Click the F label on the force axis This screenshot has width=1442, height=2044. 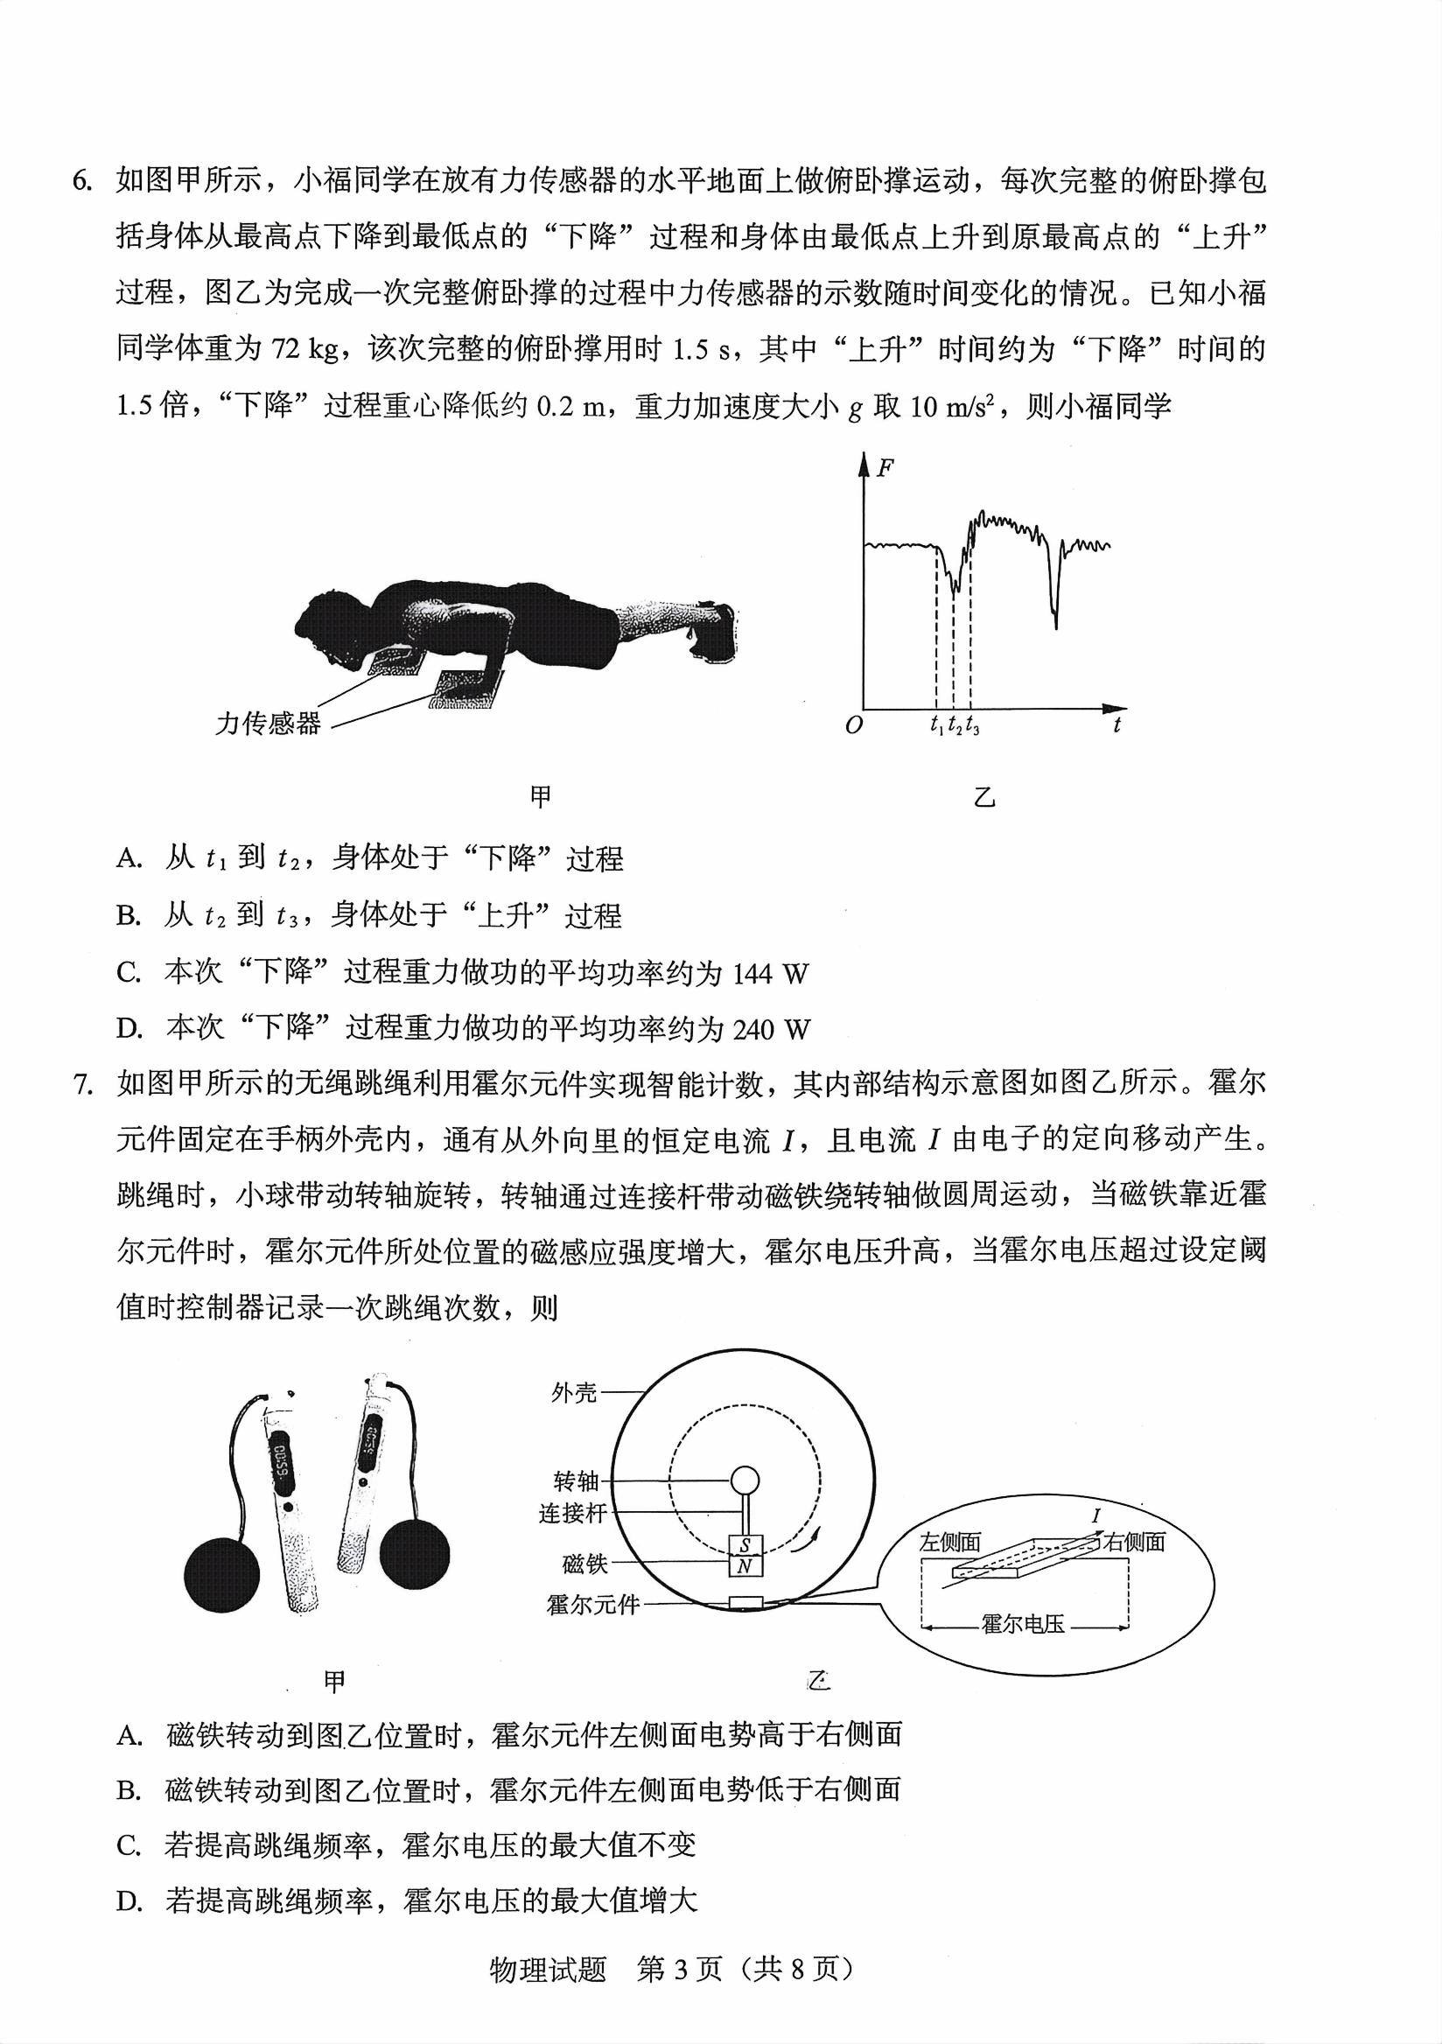(x=885, y=468)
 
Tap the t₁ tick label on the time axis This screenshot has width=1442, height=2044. (x=936, y=725)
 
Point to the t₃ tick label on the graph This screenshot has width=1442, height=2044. (x=972, y=725)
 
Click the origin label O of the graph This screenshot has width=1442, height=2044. (x=854, y=725)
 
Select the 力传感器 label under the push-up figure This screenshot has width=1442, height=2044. (x=268, y=724)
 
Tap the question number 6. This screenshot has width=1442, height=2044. (x=81, y=181)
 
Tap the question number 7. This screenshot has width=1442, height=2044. (x=81, y=1084)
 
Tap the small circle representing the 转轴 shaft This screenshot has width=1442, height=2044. (x=745, y=1481)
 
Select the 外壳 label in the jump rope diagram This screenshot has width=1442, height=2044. (x=574, y=1392)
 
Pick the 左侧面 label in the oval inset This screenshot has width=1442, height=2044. (x=949, y=1542)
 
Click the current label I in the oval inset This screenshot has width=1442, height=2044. (x=1095, y=1516)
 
